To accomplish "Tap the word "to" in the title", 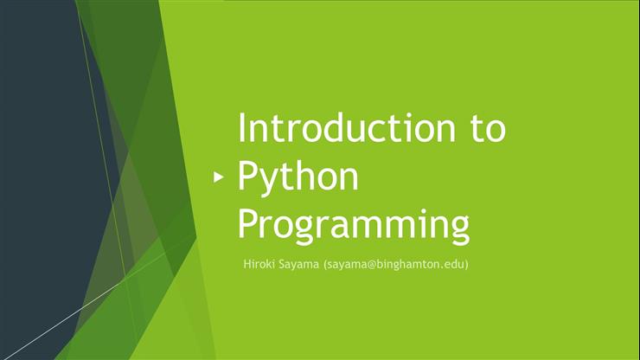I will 483,128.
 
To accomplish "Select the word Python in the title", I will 298,177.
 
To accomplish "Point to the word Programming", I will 354,224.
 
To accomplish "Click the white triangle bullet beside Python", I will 219,177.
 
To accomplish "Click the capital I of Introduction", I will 241,128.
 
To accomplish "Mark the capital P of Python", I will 247,177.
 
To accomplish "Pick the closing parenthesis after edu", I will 466,264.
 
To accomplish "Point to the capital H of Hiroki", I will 246,264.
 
